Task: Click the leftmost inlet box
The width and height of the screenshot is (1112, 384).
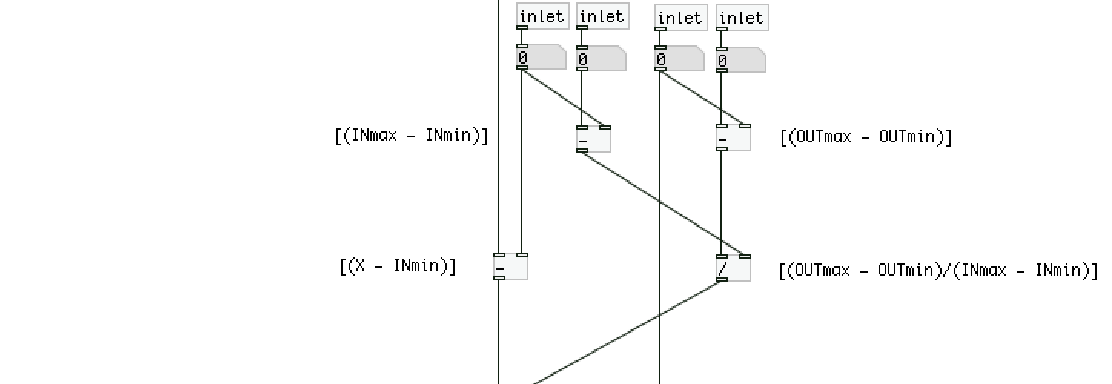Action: coord(543,16)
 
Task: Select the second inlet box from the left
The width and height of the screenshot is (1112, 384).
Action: coord(602,16)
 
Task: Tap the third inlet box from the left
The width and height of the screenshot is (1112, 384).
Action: coord(680,18)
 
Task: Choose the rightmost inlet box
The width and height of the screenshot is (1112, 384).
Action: coord(742,18)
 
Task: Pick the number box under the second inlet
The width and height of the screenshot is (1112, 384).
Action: coord(601,58)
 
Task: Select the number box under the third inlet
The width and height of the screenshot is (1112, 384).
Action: coord(680,58)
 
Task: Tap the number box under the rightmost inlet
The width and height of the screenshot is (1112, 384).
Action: coord(741,60)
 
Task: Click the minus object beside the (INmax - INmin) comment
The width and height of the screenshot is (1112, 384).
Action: coord(594,139)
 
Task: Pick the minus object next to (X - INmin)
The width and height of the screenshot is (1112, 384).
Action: coord(510,266)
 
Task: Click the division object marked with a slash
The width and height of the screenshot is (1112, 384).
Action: coord(733,269)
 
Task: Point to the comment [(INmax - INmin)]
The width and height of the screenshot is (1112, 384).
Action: coord(412,137)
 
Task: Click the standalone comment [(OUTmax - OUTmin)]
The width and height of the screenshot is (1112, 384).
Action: coord(866,137)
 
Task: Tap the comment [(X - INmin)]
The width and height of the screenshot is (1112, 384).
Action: coord(398,266)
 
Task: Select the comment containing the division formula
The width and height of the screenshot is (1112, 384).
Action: coord(938,270)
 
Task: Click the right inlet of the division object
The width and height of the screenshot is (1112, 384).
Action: coord(745,257)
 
